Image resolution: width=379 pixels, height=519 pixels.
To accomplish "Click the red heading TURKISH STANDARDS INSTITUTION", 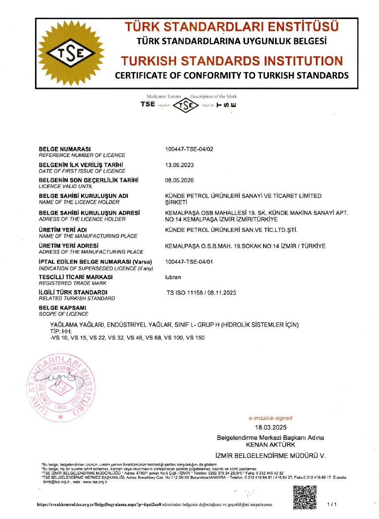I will point(232,61).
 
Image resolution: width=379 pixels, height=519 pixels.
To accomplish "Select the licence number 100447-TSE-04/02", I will point(189,149).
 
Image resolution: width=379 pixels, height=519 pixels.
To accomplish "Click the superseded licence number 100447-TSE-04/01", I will point(189,261).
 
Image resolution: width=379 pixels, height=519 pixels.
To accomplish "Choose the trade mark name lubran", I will point(173,277).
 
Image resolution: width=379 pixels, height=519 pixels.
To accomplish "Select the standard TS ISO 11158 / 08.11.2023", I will point(201,292).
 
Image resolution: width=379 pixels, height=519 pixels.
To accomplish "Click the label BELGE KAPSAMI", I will point(62,308).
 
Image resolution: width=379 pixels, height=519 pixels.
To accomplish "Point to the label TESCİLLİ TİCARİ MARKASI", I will point(76,277).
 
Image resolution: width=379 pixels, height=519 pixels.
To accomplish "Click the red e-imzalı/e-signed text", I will point(271,418).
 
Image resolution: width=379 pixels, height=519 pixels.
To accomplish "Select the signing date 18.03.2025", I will point(271,427).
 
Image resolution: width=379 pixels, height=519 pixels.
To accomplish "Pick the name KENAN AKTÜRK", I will point(270,445).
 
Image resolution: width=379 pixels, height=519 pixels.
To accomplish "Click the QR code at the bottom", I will point(305,496).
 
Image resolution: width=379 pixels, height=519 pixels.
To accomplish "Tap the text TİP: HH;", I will point(61,331).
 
